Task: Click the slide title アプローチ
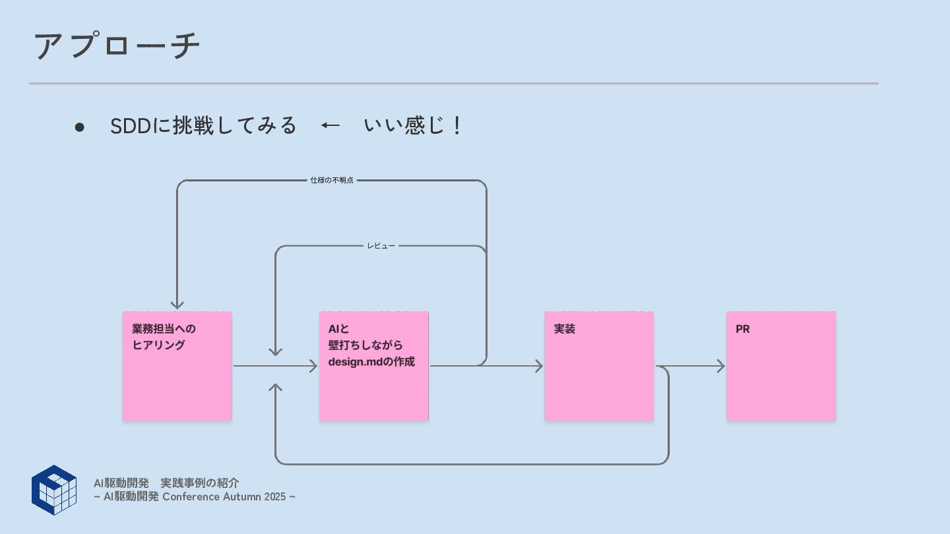(x=117, y=46)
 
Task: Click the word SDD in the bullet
(x=131, y=126)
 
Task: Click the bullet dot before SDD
(x=80, y=127)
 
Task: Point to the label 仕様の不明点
(x=332, y=180)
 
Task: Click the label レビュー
(x=381, y=246)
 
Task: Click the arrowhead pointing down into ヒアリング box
(x=177, y=305)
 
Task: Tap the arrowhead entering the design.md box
(x=313, y=366)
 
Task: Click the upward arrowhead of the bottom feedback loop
(x=276, y=387)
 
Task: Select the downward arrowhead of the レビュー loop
(x=276, y=352)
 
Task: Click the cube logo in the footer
(x=54, y=490)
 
